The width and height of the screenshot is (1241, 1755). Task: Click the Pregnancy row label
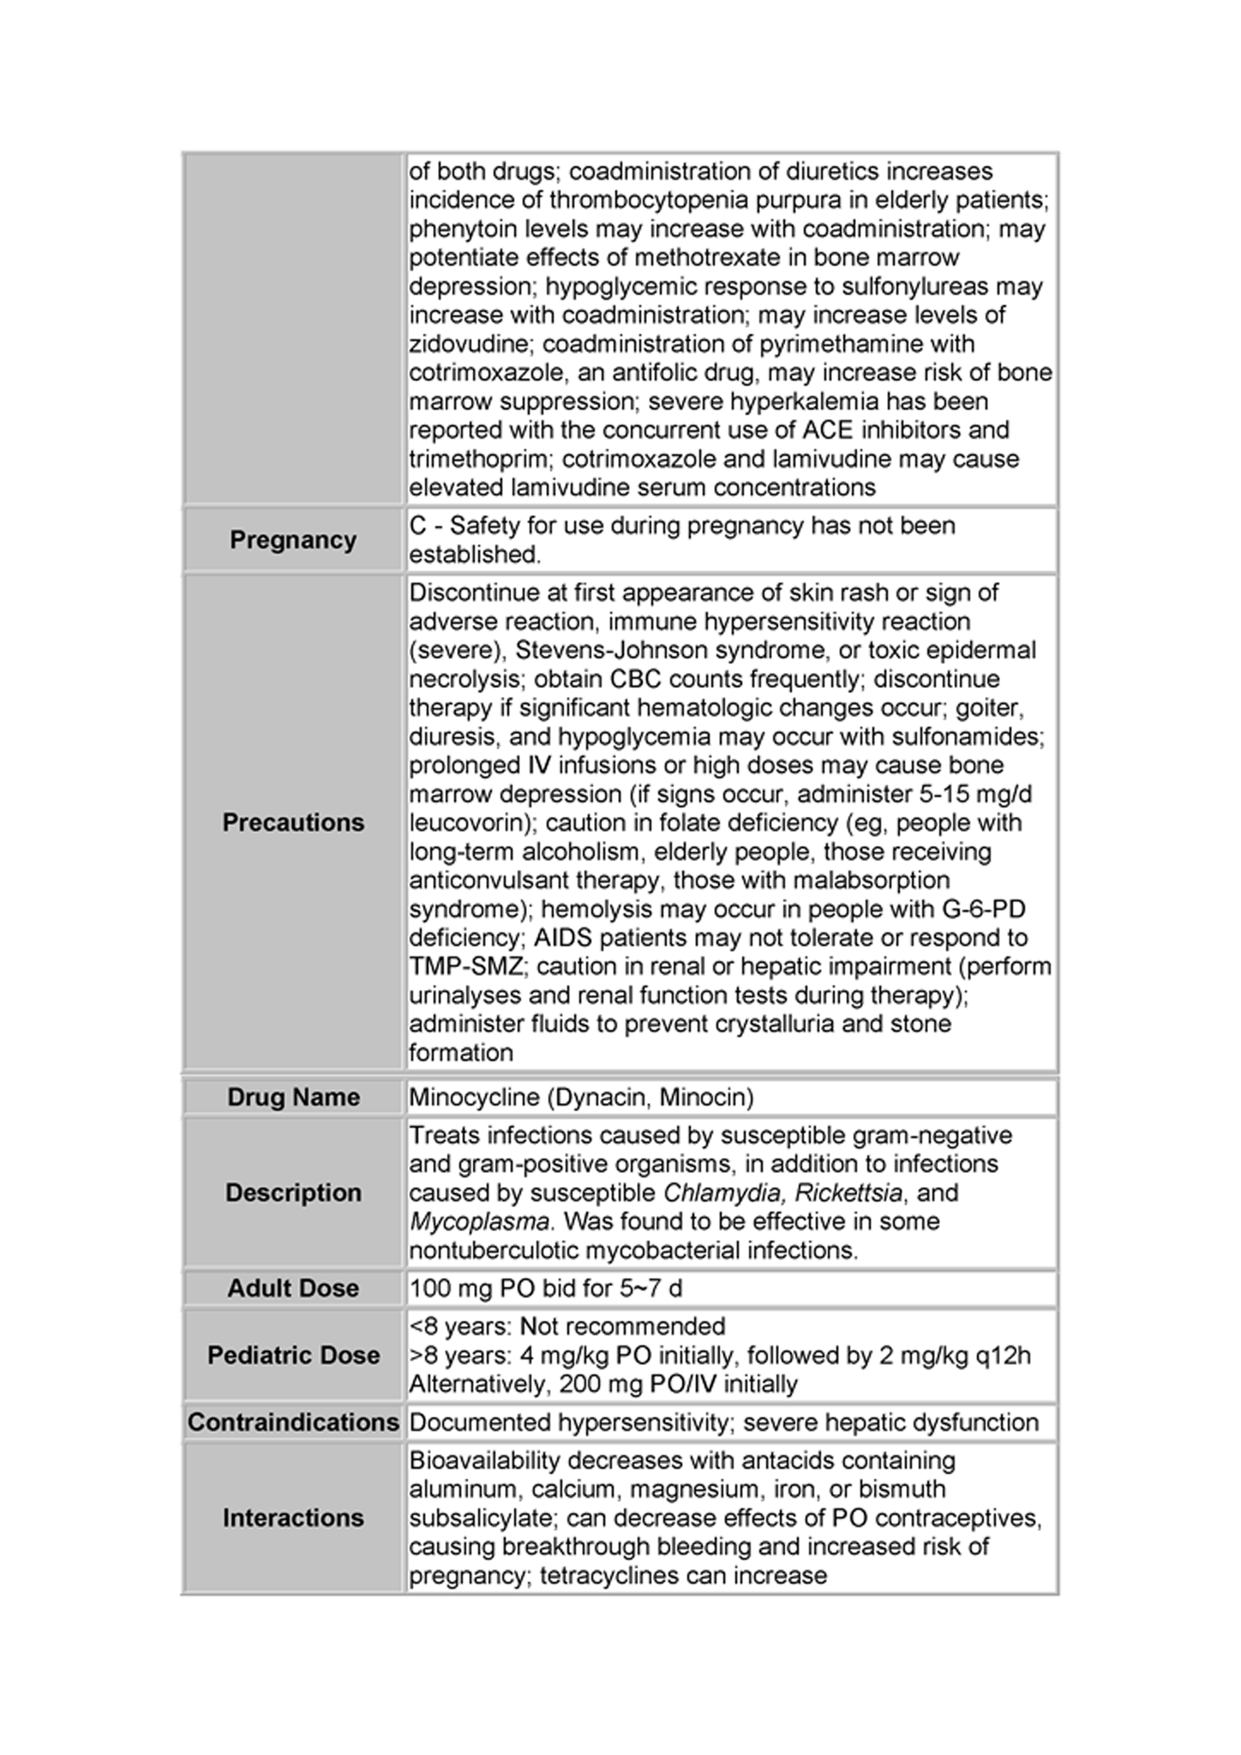point(292,540)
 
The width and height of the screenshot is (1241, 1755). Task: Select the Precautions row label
point(293,823)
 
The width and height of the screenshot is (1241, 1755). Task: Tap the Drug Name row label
point(293,1097)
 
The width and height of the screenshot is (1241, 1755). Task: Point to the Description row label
point(293,1193)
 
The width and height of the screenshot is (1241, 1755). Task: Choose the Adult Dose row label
point(293,1288)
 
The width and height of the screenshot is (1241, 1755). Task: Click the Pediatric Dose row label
point(293,1355)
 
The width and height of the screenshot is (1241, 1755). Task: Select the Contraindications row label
point(293,1423)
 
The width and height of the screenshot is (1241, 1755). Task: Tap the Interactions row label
point(293,1518)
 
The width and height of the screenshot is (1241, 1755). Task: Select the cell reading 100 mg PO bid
point(545,1289)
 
